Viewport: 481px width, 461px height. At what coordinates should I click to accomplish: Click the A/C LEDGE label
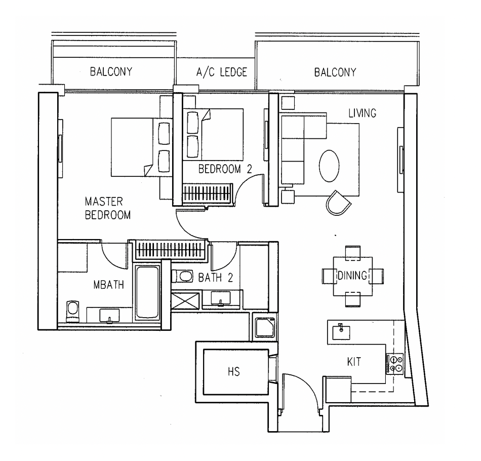(x=221, y=72)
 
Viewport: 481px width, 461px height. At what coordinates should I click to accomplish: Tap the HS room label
(x=234, y=372)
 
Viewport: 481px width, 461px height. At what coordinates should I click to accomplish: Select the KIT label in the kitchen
(x=354, y=362)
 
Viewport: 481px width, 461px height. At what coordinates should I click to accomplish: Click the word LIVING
(x=363, y=113)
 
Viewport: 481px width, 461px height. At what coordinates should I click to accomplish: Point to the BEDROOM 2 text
(x=225, y=169)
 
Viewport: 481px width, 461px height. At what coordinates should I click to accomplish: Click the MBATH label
(x=108, y=285)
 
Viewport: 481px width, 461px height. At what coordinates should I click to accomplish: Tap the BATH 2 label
(x=215, y=278)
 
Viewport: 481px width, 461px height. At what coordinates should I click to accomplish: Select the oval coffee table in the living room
(x=329, y=166)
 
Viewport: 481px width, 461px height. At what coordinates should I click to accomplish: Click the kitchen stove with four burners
(x=395, y=364)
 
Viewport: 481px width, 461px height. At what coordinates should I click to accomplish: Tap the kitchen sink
(x=341, y=332)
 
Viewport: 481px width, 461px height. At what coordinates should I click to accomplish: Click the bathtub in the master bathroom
(x=147, y=293)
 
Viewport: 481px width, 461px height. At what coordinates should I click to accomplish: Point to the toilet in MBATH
(x=73, y=311)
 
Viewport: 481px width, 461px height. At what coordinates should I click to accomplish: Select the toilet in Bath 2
(x=182, y=276)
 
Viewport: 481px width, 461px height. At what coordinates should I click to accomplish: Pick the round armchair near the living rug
(x=338, y=203)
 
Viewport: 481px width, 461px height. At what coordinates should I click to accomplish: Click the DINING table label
(x=352, y=275)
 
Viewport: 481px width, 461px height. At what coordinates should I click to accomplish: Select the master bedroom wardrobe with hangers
(x=170, y=250)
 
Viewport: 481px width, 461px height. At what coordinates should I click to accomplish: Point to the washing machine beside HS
(x=264, y=327)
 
